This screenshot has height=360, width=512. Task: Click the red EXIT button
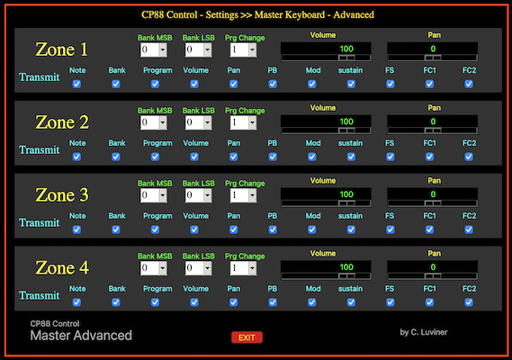[247, 337]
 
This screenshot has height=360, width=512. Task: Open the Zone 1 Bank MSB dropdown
[154, 50]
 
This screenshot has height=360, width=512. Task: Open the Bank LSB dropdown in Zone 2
[199, 122]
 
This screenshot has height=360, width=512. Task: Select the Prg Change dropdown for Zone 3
[243, 195]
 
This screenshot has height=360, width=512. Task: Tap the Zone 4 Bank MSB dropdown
[154, 268]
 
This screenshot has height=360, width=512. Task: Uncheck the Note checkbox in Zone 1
[76, 84]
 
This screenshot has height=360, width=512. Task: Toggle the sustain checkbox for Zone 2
[351, 157]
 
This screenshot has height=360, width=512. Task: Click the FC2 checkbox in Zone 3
[469, 229]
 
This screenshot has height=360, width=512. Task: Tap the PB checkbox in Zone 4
[273, 302]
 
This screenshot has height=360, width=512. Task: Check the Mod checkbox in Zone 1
[312, 84]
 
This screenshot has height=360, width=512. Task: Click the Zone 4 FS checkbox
[391, 302]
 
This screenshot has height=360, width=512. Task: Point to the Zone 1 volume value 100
[346, 49]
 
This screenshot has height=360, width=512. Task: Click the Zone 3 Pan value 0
[433, 194]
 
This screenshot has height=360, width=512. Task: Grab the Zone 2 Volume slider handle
[346, 130]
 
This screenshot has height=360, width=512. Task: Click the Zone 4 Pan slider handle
[433, 276]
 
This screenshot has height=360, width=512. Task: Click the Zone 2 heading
[62, 122]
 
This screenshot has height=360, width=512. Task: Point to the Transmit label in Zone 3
[40, 223]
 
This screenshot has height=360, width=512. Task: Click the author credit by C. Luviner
[424, 332]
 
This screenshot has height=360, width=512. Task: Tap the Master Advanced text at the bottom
[81, 336]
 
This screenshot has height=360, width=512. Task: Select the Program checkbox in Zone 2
[155, 157]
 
